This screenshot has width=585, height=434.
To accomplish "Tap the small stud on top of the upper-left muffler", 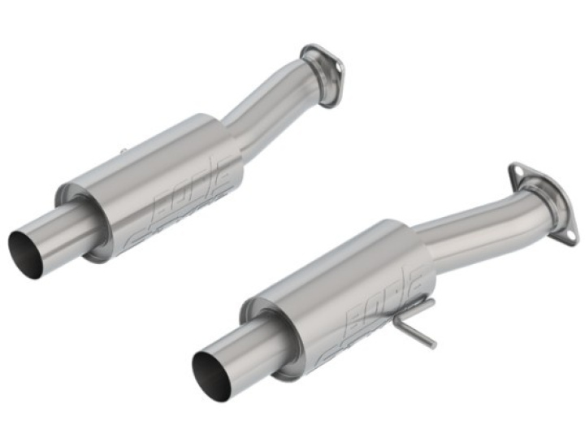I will click(122, 151).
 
